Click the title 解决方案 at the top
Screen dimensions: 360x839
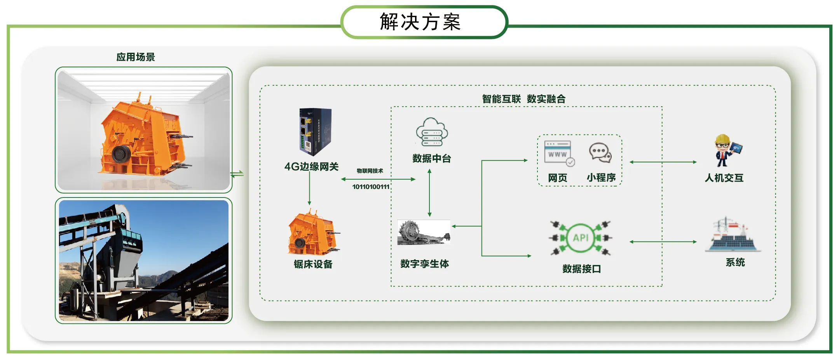[420, 22]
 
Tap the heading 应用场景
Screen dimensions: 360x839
[136, 57]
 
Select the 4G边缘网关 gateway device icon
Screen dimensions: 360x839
[315, 131]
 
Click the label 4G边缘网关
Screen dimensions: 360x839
[312, 167]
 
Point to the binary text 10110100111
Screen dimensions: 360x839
[371, 187]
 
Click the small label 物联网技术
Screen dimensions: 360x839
[370, 171]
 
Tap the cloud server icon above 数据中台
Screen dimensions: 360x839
[432, 133]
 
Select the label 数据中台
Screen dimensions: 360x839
[432, 159]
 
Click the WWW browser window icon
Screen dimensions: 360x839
[559, 153]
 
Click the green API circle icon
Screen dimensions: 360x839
[581, 238]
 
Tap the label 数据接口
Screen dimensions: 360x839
[581, 269]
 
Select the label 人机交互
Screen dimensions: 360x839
[724, 178]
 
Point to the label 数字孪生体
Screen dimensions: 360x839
[424, 264]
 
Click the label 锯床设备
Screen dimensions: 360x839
[313, 264]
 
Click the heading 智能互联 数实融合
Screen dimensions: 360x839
[523, 99]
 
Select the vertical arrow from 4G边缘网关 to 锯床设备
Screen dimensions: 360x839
[309, 188]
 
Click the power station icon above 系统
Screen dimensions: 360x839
[733, 235]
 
